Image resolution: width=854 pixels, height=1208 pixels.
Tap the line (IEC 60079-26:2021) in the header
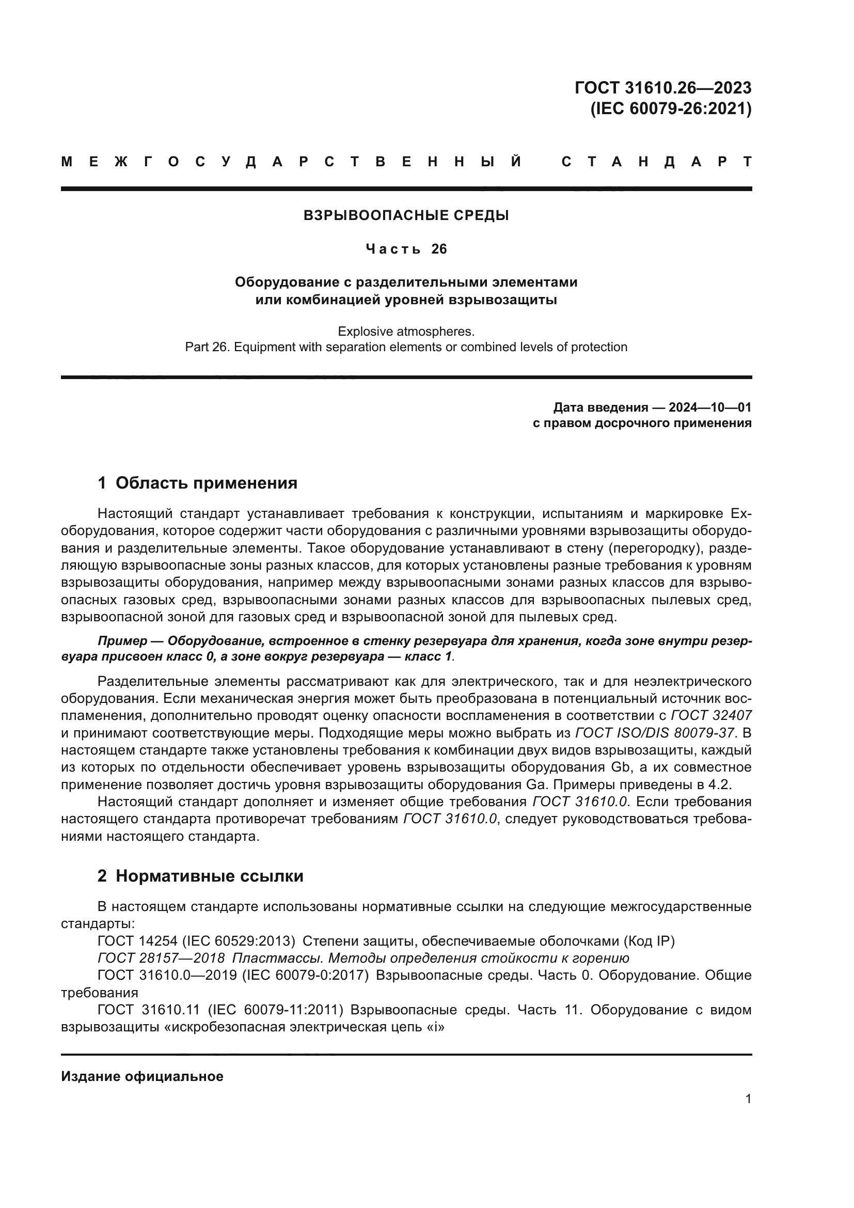click(x=671, y=109)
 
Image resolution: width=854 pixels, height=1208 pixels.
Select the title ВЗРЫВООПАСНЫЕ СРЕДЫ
click(x=406, y=215)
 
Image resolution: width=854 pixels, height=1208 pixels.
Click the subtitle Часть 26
click(x=406, y=249)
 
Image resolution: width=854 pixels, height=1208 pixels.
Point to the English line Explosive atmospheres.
click(x=406, y=332)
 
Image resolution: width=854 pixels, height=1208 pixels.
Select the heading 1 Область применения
click(x=197, y=482)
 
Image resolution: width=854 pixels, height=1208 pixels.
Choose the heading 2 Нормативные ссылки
click(x=200, y=876)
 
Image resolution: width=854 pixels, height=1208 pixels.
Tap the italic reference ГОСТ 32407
click(x=711, y=715)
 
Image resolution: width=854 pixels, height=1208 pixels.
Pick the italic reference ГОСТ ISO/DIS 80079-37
click(x=655, y=733)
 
